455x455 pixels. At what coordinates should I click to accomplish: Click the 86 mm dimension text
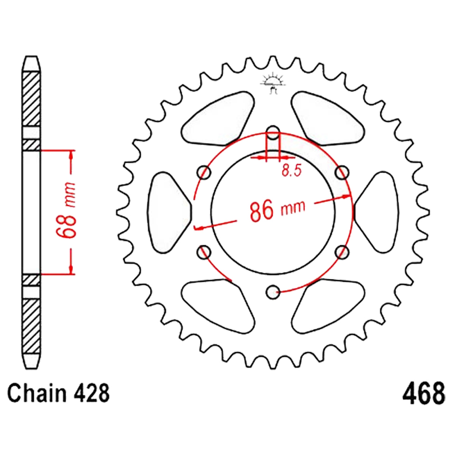[x=278, y=209]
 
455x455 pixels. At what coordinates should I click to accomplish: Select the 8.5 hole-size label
[x=292, y=170]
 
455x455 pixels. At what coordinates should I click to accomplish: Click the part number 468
[x=423, y=394]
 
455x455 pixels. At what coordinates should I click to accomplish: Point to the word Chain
[x=37, y=394]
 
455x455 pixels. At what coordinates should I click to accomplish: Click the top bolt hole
[x=273, y=132]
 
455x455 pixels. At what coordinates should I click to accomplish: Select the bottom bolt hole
[x=273, y=292]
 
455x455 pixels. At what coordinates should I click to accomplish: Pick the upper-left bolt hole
[x=204, y=172]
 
